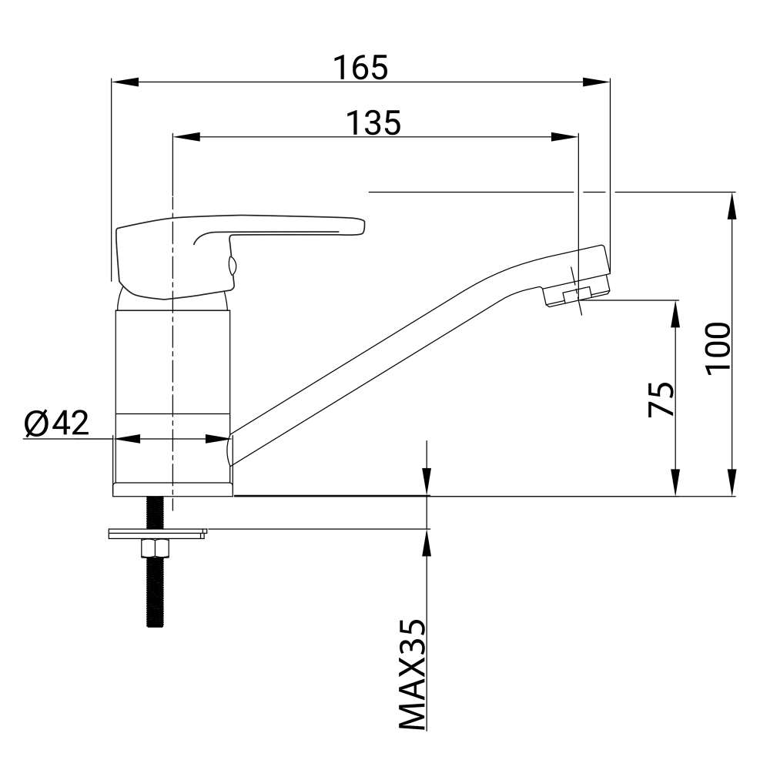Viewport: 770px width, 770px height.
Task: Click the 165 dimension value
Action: (360, 67)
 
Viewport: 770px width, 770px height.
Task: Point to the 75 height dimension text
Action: (661, 398)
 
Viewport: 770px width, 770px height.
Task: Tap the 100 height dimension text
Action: (718, 349)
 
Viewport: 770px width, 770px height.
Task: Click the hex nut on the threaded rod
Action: (156, 548)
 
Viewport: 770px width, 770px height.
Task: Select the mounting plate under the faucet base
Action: (157, 534)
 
